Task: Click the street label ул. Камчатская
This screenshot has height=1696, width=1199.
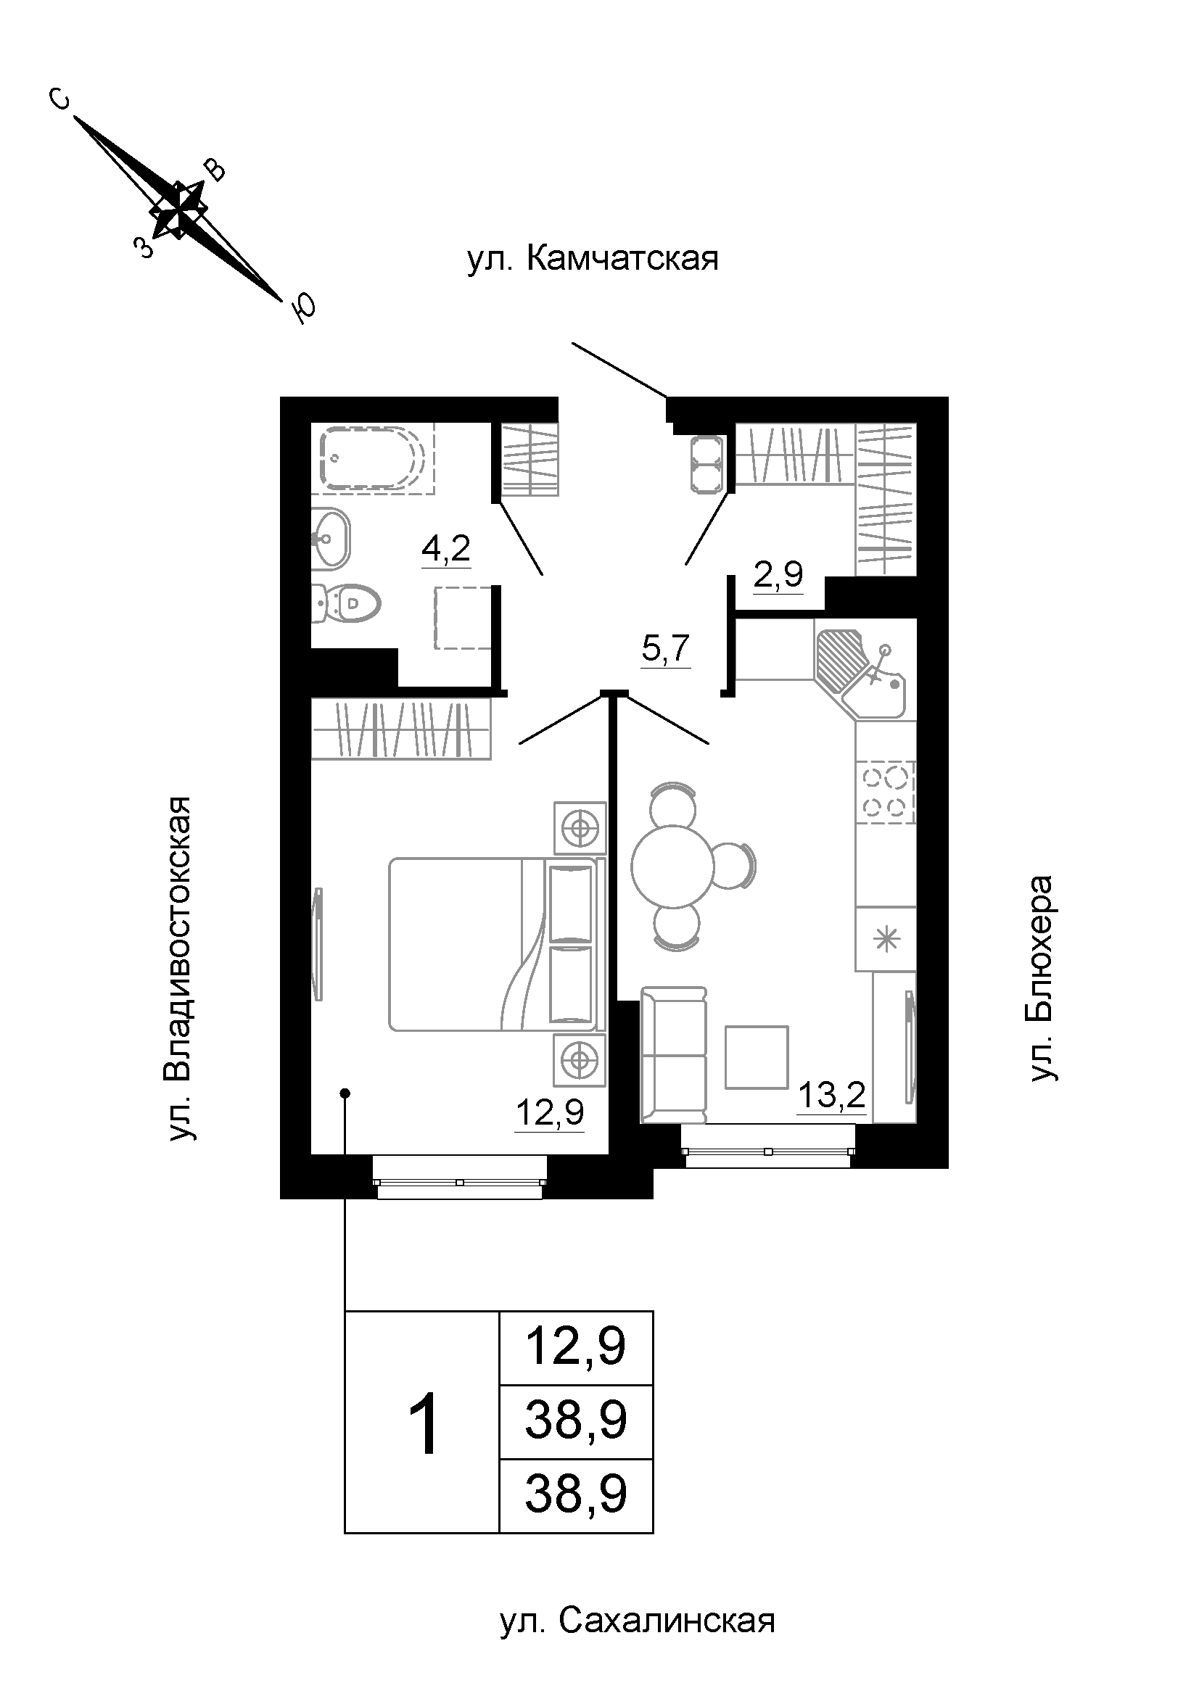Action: [x=593, y=260]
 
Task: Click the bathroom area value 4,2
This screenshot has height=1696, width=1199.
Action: [x=446, y=549]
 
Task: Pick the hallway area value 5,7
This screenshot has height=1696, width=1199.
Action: [x=666, y=649]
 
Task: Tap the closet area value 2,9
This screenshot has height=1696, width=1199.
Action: [x=778, y=574]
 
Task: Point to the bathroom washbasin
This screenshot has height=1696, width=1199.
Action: [x=330, y=539]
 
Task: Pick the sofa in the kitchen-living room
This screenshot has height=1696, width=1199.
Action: [x=674, y=1056]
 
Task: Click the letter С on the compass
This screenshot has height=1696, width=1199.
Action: [x=59, y=97]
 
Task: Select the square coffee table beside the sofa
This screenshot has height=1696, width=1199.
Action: [x=757, y=1057]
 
